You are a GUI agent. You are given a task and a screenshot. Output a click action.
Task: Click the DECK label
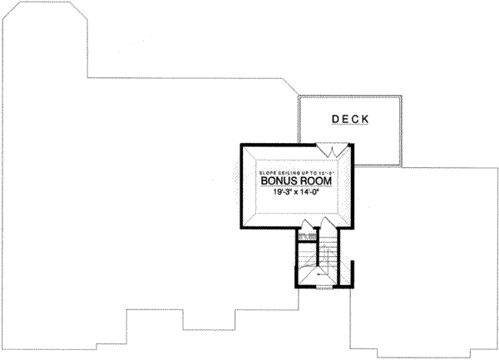pos(350,119)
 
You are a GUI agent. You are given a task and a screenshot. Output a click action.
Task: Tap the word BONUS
pos(277,180)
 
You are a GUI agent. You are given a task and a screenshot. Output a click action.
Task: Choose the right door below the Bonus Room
pos(325,225)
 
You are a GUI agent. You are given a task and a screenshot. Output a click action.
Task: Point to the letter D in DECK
pos(335,119)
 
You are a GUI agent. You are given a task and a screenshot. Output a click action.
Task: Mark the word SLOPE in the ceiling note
pos(264,170)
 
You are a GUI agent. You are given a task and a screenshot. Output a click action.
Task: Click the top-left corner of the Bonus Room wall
pos(241,145)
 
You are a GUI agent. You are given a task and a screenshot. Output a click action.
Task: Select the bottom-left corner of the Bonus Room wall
pos(241,229)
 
